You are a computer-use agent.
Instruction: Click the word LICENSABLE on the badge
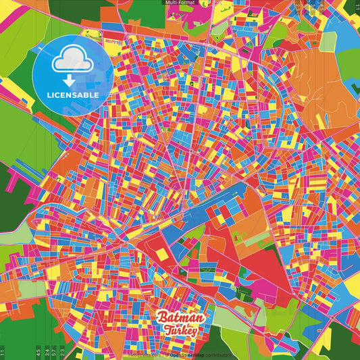73,95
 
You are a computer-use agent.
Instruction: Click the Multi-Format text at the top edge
180,3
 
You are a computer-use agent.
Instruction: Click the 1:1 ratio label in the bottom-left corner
3,353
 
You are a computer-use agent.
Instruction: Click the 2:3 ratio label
62,353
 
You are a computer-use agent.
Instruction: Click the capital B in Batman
162,317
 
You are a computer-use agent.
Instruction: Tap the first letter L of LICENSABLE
49,95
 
